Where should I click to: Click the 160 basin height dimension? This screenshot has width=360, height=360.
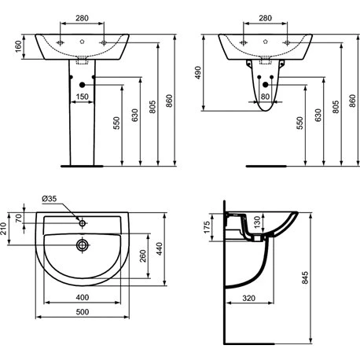coord(18,46)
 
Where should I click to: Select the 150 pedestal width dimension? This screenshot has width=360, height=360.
coord(83,97)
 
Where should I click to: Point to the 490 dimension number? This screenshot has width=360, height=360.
coord(198,72)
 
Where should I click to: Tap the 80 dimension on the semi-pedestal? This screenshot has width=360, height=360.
coord(265,97)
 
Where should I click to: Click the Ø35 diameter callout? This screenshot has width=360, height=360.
coord(50,199)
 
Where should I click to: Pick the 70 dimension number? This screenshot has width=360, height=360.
coord(18,218)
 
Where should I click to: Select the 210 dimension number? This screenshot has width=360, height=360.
coord(3,229)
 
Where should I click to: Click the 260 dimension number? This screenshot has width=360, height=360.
coord(143,256)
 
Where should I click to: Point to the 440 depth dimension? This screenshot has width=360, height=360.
coord(159,249)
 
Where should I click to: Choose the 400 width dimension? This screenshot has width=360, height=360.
coord(83,297)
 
